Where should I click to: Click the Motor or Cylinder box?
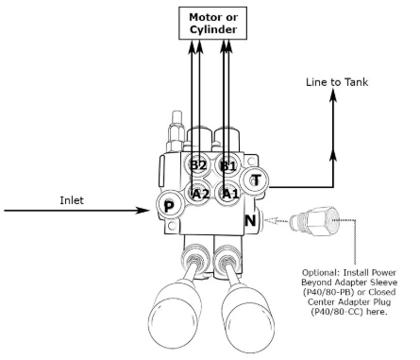[212, 23]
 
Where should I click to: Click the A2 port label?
[199, 193]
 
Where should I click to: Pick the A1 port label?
[227, 193]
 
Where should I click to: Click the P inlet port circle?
[167, 207]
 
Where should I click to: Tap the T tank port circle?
[255, 180]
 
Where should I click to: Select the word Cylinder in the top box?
[212, 29]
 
